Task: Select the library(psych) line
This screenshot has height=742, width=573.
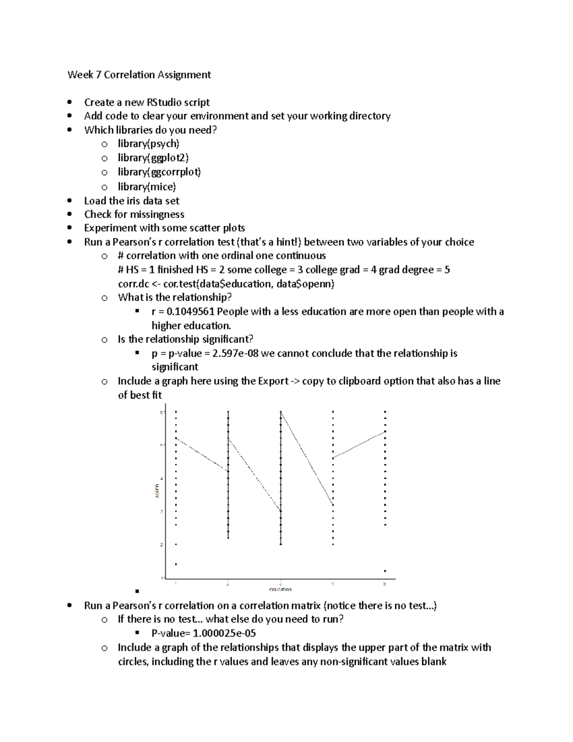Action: pos(149,144)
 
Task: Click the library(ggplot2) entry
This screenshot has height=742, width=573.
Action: pos(153,158)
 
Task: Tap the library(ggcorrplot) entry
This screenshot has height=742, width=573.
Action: pos(159,172)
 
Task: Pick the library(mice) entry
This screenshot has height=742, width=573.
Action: pos(147,186)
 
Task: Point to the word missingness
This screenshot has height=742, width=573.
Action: pos(155,215)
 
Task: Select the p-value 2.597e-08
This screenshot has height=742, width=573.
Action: pos(238,354)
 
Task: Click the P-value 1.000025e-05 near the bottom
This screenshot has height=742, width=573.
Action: pos(224,634)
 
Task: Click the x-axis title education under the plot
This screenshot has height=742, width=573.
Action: pos(280,589)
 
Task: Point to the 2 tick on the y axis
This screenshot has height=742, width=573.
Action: pos(162,545)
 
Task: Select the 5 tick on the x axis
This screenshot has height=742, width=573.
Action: pos(385,584)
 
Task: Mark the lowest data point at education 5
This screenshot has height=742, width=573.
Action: pos(385,570)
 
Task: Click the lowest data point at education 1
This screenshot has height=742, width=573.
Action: pos(176,564)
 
